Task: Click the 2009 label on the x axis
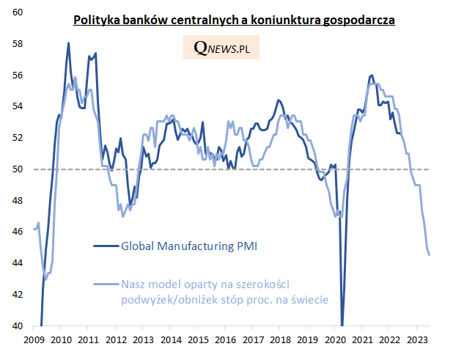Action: coord(34,339)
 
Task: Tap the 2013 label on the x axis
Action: coord(142,339)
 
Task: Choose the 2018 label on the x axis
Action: coord(279,339)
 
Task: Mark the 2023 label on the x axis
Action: coord(416,339)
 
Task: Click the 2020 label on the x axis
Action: coord(334,339)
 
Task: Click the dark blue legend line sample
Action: coord(106,246)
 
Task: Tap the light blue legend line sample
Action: coord(106,284)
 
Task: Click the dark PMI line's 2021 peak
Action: coord(372,76)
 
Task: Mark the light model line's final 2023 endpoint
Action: coord(430,254)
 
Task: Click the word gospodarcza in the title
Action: coord(359,21)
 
